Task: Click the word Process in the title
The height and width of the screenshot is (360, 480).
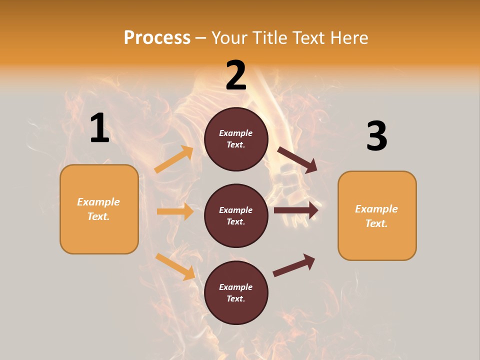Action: pos(157,38)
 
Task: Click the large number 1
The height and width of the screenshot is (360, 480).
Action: pos(99,128)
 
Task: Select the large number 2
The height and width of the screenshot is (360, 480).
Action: pos(236,76)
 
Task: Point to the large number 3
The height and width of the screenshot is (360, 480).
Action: pos(376,136)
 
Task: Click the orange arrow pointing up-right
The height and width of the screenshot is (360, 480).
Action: pos(174,159)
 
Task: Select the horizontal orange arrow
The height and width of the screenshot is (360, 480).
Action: pos(175,211)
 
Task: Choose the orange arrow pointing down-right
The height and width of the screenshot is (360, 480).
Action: pos(175,266)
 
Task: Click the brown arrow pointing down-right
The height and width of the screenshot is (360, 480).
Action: pos(297,159)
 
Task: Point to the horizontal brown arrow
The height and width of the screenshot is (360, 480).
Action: pos(296,210)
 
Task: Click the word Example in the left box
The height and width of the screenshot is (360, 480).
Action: pos(98,202)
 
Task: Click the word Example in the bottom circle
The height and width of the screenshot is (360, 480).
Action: pos(235,287)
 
